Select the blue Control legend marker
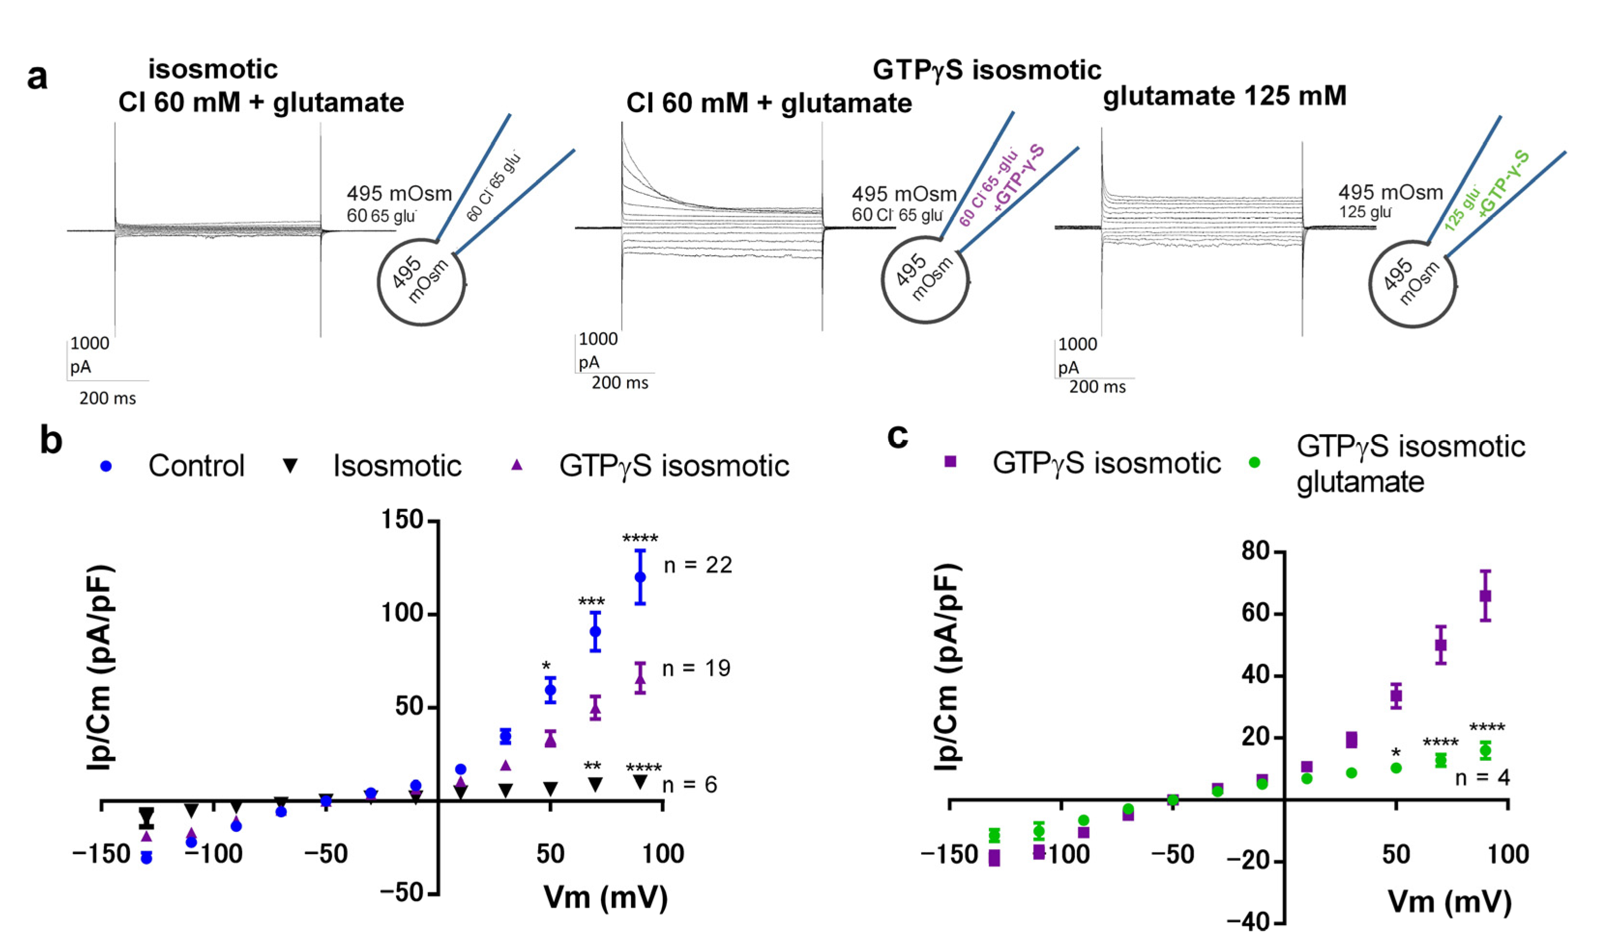(x=106, y=466)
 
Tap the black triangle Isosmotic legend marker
(x=291, y=466)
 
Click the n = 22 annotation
(x=698, y=565)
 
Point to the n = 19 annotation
(x=696, y=668)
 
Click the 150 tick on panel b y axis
(x=402, y=520)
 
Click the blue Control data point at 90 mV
(x=640, y=577)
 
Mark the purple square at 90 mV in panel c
(x=1485, y=596)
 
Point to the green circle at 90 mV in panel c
(x=1485, y=750)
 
